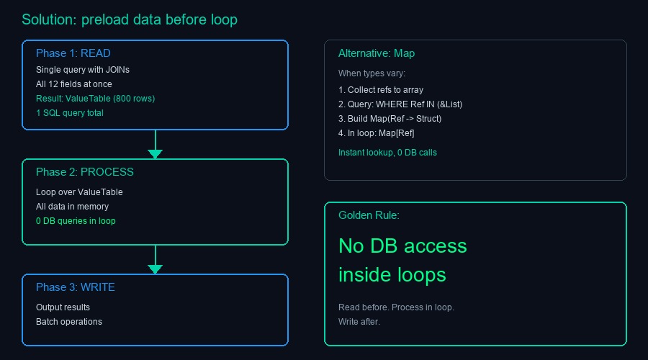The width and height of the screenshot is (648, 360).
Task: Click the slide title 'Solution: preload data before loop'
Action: [130, 19]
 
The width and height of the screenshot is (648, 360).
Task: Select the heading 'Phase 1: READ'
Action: [73, 53]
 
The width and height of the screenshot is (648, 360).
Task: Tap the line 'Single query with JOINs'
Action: [83, 70]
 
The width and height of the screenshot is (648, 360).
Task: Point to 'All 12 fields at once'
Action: [74, 84]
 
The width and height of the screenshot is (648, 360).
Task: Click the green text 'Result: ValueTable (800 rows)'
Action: [96, 99]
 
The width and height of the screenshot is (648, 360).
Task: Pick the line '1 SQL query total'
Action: [70, 113]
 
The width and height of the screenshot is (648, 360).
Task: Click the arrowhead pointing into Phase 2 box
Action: [155, 153]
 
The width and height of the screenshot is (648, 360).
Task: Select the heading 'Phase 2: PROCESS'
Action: [85, 172]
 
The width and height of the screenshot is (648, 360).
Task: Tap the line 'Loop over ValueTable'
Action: [79, 192]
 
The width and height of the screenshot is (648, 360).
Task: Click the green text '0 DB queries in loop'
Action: [76, 221]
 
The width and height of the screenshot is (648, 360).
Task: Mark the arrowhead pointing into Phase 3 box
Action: [155, 269]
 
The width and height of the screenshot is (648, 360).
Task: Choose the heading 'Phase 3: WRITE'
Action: [76, 287]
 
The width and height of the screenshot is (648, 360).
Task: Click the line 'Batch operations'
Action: [69, 322]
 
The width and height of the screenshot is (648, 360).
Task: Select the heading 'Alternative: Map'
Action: [377, 53]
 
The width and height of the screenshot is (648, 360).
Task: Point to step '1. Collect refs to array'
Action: [381, 90]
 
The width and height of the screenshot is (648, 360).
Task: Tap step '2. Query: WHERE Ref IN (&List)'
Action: [400, 104]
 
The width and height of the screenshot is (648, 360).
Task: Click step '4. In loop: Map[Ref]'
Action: [377, 133]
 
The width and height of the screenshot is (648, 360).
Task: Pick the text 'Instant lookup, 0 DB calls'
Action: [387, 153]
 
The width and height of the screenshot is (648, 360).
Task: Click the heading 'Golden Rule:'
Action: [369, 215]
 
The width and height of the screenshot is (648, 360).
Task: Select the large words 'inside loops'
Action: [392, 274]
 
